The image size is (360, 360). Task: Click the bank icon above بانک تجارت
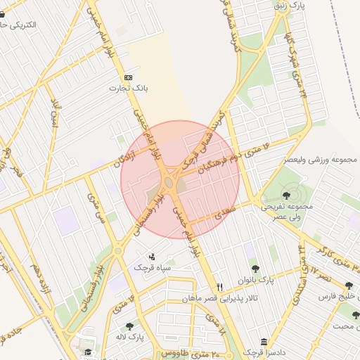tap(128, 77)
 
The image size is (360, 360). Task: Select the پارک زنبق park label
tap(292, 6)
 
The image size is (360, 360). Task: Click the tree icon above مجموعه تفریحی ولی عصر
tap(285, 195)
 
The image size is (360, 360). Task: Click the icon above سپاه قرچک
tap(152, 257)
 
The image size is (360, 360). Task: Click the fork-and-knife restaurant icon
tap(220, 287)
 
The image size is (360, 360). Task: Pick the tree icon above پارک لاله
tap(129, 326)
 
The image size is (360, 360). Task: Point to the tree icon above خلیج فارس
tap(349, 285)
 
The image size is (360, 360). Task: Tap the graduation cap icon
tap(88, 352)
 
